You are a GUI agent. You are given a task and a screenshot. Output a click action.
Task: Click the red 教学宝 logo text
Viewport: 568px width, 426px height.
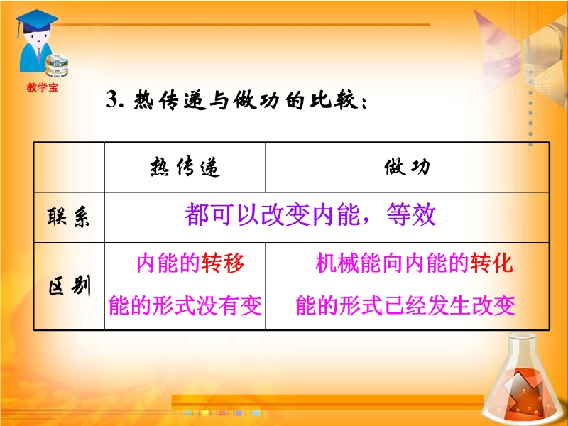pyautogui.click(x=43, y=87)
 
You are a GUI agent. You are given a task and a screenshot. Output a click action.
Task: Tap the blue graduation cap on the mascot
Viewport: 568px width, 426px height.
pyautogui.click(x=36, y=21)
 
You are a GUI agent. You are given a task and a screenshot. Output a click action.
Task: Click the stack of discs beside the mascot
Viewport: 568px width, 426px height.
pyautogui.click(x=57, y=65)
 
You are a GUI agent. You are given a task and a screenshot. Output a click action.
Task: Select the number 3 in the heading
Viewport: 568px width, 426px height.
pyautogui.click(x=111, y=99)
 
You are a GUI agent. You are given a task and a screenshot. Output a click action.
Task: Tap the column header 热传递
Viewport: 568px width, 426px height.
pyautogui.click(x=185, y=167)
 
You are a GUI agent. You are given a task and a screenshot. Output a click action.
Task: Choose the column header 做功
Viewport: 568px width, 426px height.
pyautogui.click(x=407, y=167)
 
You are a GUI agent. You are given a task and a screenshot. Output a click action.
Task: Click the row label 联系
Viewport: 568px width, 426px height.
pyautogui.click(x=68, y=217)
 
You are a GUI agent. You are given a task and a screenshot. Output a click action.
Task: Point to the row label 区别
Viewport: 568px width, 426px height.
pyautogui.click(x=69, y=286)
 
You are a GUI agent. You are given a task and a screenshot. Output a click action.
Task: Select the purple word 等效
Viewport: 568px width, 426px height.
pyautogui.click(x=411, y=214)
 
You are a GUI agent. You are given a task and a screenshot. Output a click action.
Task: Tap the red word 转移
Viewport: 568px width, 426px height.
pyautogui.click(x=223, y=263)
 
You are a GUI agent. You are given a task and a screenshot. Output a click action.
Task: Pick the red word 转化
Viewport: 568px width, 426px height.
pyautogui.click(x=491, y=263)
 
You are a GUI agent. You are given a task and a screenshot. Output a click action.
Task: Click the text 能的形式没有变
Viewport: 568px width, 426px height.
pyautogui.click(x=185, y=305)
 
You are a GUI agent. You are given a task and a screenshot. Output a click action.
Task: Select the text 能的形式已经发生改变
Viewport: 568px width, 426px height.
pyautogui.click(x=405, y=305)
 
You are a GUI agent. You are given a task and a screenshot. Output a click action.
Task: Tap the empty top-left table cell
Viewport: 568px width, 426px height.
pyautogui.click(x=69, y=168)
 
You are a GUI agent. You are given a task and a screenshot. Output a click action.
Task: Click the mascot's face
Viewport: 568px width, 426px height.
pyautogui.click(x=38, y=39)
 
